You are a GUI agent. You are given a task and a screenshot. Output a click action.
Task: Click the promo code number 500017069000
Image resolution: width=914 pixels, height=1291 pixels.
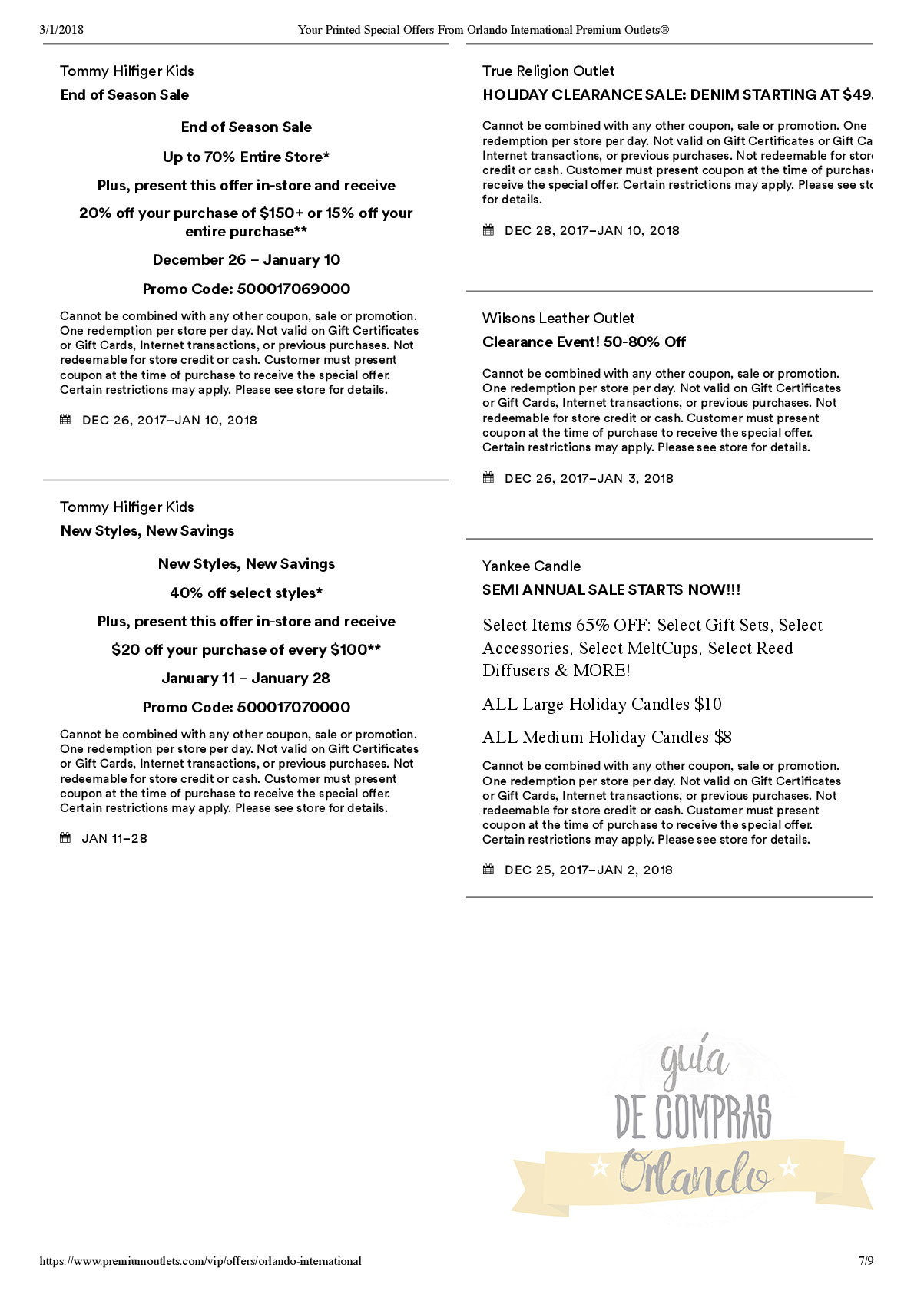click(x=293, y=289)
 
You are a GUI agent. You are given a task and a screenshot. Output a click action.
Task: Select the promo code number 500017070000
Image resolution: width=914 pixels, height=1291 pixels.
click(x=293, y=708)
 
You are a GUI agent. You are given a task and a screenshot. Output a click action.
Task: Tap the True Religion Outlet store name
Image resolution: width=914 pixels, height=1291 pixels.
click(x=548, y=71)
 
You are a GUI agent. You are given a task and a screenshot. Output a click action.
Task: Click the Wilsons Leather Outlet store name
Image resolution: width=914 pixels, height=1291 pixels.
click(x=558, y=319)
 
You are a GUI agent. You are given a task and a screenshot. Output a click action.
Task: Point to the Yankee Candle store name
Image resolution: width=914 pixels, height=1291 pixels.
click(x=532, y=566)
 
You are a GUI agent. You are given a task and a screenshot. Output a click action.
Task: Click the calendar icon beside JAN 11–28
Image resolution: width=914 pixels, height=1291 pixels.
click(x=65, y=838)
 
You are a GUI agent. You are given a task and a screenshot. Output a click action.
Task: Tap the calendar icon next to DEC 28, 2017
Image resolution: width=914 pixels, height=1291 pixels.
click(x=488, y=230)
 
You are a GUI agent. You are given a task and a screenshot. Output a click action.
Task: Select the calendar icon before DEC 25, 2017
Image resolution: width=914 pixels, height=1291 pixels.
click(x=488, y=870)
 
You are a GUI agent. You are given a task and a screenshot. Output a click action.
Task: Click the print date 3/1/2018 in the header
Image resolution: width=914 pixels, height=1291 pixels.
click(x=61, y=30)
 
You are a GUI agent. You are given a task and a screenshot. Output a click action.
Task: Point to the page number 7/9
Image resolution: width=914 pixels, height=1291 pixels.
click(x=866, y=1261)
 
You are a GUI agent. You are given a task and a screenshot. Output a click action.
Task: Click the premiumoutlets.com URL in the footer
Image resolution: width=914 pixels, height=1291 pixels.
click(x=200, y=1261)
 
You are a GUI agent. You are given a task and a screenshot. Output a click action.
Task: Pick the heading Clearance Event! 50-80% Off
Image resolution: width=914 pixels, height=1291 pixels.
click(x=584, y=342)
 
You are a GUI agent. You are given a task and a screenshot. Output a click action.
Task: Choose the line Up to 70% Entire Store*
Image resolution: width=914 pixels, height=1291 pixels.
click(x=246, y=157)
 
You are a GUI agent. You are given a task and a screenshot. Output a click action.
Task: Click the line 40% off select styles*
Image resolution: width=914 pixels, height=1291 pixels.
click(x=246, y=593)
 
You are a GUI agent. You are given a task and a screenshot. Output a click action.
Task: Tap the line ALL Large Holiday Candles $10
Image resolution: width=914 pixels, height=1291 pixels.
click(x=602, y=705)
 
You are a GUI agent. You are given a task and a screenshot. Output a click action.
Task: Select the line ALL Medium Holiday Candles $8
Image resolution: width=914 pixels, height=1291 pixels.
click(x=607, y=738)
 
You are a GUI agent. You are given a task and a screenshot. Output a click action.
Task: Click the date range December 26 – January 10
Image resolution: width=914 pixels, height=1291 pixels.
click(x=246, y=260)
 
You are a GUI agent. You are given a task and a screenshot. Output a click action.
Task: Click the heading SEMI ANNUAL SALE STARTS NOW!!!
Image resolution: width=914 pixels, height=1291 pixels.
click(x=611, y=590)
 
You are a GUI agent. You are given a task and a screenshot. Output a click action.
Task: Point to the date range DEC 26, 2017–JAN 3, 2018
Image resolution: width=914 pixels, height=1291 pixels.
click(x=589, y=479)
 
